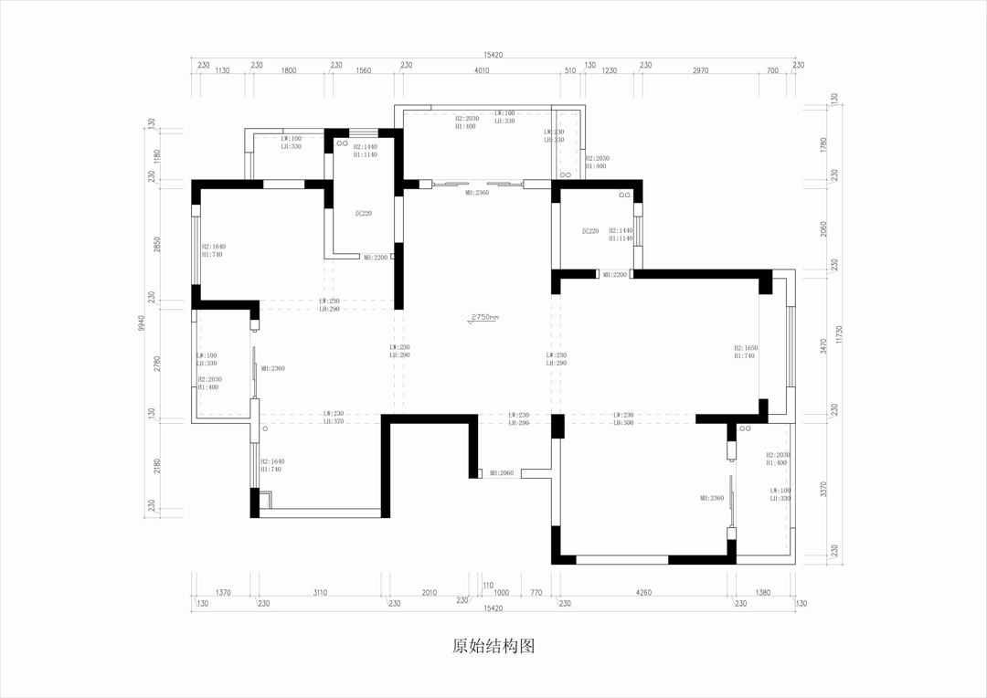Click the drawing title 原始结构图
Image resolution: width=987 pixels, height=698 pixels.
(493, 647)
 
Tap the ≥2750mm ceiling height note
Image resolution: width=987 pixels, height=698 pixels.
(484, 318)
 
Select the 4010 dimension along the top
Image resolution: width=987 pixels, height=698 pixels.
(482, 70)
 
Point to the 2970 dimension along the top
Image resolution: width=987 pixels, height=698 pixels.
(701, 70)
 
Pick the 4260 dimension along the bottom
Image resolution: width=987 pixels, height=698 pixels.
(644, 592)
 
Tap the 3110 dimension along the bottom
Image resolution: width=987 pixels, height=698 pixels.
(320, 592)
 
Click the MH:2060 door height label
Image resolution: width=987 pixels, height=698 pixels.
(502, 473)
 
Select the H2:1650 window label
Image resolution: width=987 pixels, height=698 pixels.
(746, 348)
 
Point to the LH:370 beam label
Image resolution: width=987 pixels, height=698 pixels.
(333, 421)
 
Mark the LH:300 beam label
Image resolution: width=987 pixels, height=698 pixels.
(623, 422)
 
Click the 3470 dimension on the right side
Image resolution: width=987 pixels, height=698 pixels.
(824, 344)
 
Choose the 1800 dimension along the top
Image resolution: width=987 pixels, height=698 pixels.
(289, 70)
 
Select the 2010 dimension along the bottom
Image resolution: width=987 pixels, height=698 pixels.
(429, 592)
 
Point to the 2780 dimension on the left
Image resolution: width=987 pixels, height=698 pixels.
(155, 364)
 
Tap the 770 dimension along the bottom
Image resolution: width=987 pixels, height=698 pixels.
(536, 592)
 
